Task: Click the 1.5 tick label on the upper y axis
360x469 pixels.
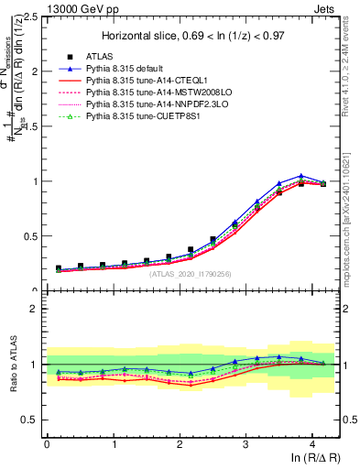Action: pos(32,126)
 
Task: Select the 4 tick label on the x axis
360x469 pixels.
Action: pos(312,443)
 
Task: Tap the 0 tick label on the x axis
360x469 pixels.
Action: pos(47,443)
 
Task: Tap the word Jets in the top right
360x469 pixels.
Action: pos(327,7)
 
